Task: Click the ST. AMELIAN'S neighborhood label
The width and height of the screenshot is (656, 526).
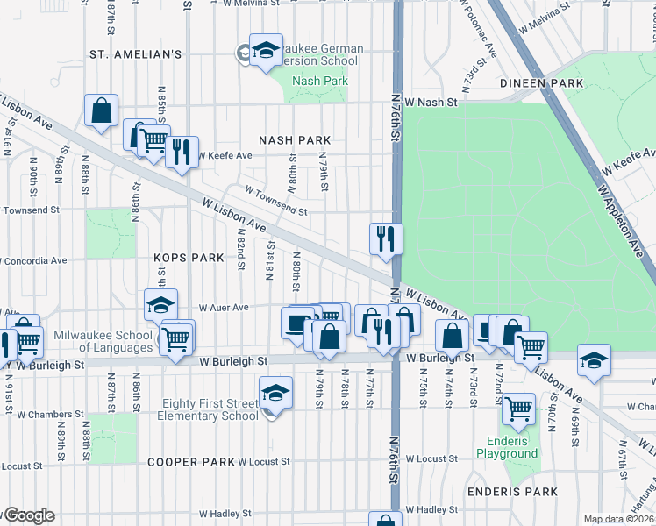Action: (x=135, y=54)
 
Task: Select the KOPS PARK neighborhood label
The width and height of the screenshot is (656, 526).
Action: (x=189, y=259)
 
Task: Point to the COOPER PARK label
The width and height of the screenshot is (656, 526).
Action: (x=191, y=462)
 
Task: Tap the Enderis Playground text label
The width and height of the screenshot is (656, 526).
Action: (x=507, y=447)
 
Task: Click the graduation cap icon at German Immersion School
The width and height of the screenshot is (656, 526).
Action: (x=265, y=50)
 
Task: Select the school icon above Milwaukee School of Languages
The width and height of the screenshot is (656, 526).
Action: (x=160, y=305)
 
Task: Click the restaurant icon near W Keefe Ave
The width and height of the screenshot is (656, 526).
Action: (x=182, y=152)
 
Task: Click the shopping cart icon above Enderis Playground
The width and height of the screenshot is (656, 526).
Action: (x=518, y=409)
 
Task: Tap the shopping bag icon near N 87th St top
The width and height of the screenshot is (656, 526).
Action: (x=102, y=111)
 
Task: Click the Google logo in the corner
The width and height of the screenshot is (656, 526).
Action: (x=28, y=515)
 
